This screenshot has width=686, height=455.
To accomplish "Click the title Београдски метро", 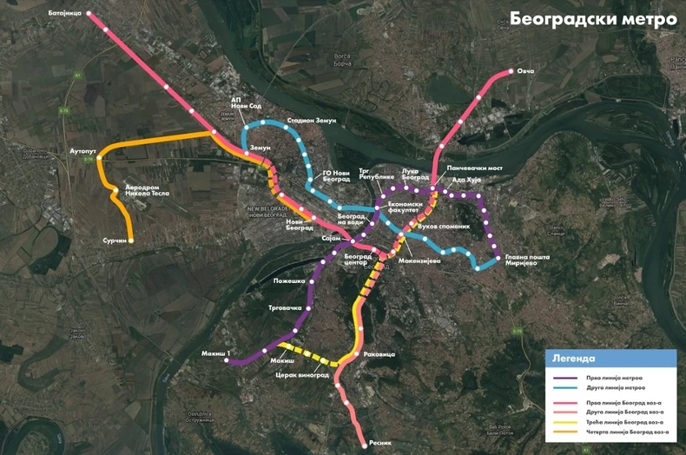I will click(592, 18).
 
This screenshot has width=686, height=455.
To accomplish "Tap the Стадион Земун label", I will click(311, 120).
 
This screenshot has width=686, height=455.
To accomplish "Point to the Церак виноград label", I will click(301, 375).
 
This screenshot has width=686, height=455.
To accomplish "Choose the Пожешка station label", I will click(291, 281).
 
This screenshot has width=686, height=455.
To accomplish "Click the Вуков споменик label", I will click(444, 227).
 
